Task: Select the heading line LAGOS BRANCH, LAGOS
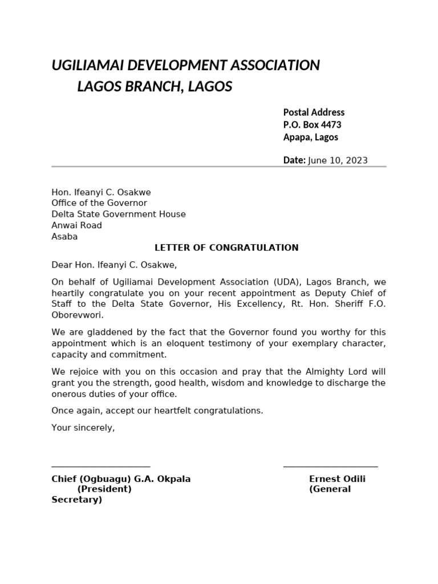click(155, 87)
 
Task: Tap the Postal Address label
click(314, 112)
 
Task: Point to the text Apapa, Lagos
click(311, 137)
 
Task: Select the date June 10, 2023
click(338, 160)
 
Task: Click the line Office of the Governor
click(99, 203)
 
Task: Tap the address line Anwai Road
click(76, 225)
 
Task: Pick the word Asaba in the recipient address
click(64, 237)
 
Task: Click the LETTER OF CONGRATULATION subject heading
click(226, 248)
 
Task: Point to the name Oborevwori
click(78, 315)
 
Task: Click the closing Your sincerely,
click(83, 427)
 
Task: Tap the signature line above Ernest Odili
click(330, 467)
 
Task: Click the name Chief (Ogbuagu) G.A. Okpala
click(121, 479)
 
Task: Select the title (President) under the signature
click(104, 489)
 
